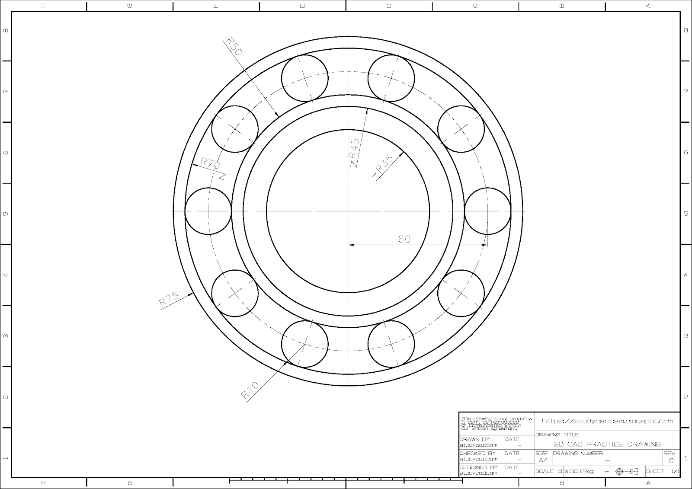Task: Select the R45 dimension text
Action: click(355, 152)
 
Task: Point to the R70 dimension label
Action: click(210, 164)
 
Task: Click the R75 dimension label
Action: click(169, 299)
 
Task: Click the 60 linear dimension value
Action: click(404, 239)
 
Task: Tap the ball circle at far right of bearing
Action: click(488, 211)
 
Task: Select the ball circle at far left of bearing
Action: click(208, 211)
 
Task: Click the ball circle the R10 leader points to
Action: click(304, 344)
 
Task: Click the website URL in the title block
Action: click(607, 421)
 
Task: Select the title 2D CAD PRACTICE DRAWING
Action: click(607, 444)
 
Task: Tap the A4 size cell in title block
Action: click(543, 460)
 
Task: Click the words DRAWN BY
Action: click(474, 439)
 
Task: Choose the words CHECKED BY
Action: click(477, 453)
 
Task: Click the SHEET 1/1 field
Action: click(662, 471)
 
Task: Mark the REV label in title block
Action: click(669, 453)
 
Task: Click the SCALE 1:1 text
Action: click(548, 471)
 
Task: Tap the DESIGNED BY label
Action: click(478, 467)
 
